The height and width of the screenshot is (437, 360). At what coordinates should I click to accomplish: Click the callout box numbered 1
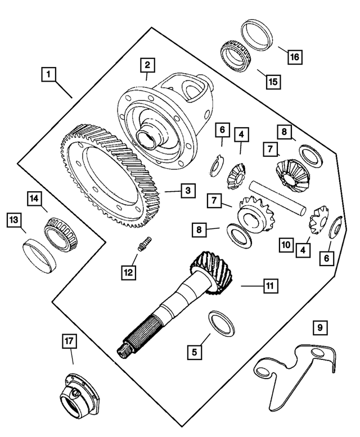click(49, 74)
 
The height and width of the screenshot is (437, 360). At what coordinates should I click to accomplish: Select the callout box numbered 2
click(147, 65)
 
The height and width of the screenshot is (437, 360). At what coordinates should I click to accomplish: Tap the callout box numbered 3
click(187, 191)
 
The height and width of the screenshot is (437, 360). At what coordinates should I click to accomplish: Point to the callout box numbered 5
click(195, 352)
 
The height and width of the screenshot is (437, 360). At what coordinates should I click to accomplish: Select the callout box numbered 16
click(295, 57)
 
